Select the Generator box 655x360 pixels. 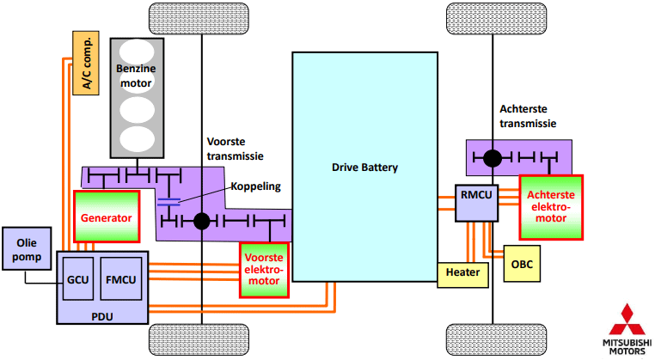107,218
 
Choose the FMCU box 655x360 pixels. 120,278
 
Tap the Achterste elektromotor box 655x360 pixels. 550,206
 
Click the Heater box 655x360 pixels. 463,273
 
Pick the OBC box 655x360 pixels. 522,264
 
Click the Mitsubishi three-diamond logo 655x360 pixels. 625,320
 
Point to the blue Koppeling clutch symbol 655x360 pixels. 169,202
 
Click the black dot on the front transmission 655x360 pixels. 202,222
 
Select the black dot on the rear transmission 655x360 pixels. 493,158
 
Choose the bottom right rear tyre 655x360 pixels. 493,341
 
